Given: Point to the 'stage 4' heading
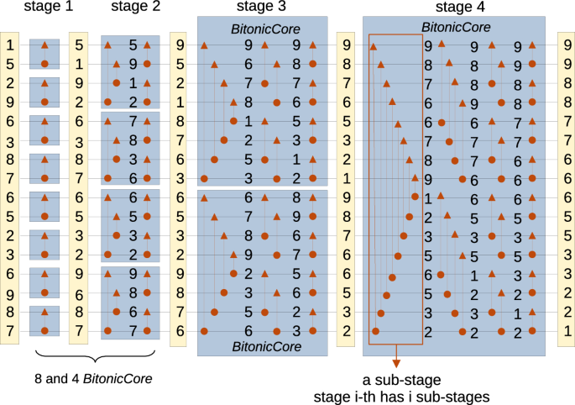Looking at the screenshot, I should tap(467, 8).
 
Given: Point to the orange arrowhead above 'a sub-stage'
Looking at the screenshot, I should tap(395, 362).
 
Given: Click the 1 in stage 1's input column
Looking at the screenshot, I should tap(9, 45).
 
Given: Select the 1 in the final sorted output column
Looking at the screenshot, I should tap(568, 331).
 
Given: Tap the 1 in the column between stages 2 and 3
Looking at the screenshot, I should tap(178, 102).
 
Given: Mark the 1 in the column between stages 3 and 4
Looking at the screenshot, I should tap(344, 178).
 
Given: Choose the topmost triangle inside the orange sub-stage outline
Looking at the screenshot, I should tap(374, 46).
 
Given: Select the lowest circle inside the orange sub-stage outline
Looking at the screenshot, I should tap(375, 331).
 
